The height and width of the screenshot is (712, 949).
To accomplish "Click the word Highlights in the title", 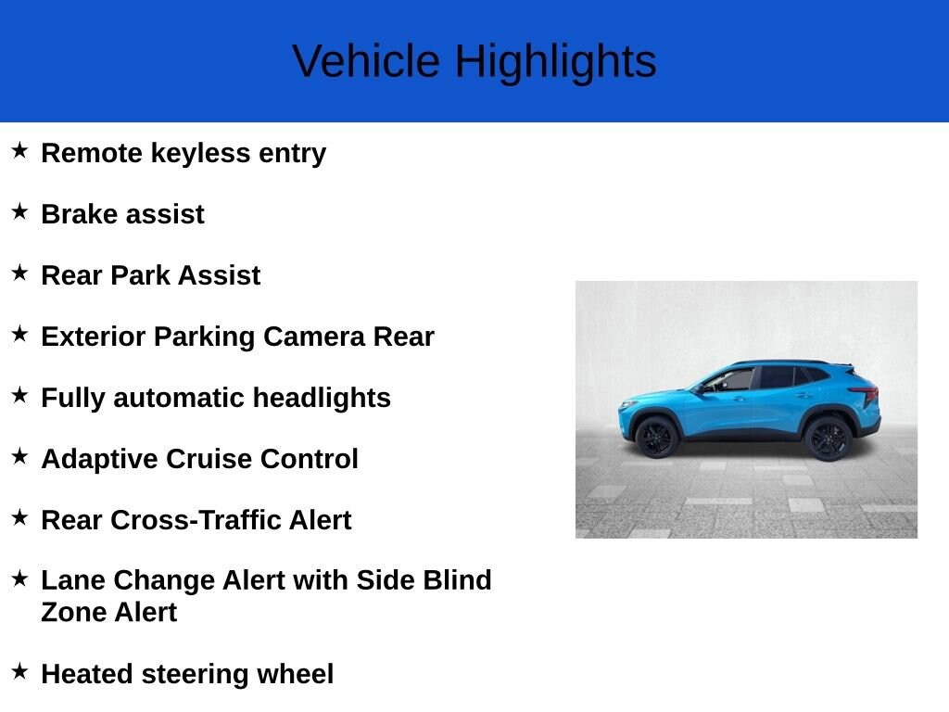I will tap(555, 62).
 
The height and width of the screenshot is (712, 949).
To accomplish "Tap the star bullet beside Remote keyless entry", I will tap(19, 150).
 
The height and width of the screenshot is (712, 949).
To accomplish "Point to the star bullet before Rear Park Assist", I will tap(19, 273).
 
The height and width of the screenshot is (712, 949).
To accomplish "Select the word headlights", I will tap(322, 398).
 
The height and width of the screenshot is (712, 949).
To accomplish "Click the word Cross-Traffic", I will tap(231, 520).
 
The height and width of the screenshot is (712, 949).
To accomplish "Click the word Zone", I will tap(74, 612).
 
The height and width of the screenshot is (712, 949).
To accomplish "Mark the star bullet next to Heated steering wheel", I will tap(19, 670).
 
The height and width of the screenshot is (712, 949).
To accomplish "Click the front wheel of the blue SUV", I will tap(657, 437).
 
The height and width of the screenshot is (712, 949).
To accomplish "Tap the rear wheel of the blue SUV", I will tap(828, 438).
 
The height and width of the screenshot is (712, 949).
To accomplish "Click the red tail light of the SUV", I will tap(868, 394).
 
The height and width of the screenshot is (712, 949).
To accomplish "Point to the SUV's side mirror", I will tap(708, 388).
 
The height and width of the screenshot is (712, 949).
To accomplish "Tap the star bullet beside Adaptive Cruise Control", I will tap(19, 456).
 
